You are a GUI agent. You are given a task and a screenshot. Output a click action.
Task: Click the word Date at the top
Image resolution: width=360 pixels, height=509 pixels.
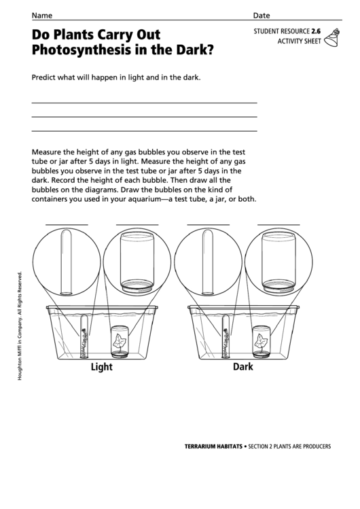point(262,15)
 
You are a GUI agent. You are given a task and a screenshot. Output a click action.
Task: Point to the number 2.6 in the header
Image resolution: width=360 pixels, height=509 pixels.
point(315,32)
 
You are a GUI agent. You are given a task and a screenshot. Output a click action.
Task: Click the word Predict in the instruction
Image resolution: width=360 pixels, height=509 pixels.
point(46,77)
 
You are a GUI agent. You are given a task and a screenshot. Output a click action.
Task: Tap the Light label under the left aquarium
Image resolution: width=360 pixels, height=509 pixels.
point(102,367)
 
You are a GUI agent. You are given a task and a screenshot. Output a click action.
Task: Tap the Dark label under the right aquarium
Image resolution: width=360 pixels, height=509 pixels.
point(242,367)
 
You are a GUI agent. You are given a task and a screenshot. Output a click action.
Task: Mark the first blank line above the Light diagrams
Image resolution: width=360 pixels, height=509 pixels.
point(67,224)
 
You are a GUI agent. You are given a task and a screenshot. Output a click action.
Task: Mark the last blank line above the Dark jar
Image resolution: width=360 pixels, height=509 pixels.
point(278,224)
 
